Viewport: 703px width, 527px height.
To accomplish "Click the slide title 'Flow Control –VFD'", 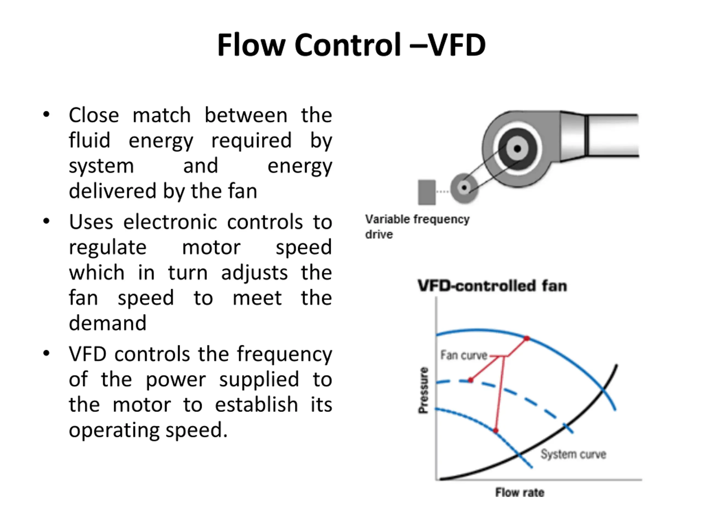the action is pyautogui.click(x=351, y=45).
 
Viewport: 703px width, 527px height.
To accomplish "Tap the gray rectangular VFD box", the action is pyautogui.click(x=426, y=192).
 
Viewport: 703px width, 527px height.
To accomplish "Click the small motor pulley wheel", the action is pyautogui.click(x=464, y=188).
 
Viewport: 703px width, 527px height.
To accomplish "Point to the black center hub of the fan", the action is pyautogui.click(x=517, y=148).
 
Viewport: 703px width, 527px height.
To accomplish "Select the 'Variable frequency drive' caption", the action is pyautogui.click(x=417, y=226).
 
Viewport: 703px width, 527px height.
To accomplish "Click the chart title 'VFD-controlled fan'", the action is pyautogui.click(x=492, y=285).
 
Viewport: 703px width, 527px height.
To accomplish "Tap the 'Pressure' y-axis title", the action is pyautogui.click(x=423, y=390).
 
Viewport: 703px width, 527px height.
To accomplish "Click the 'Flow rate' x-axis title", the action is pyautogui.click(x=520, y=492).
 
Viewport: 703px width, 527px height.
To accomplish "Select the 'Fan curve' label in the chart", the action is pyautogui.click(x=464, y=355).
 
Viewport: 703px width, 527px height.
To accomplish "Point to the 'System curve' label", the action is pyautogui.click(x=573, y=454).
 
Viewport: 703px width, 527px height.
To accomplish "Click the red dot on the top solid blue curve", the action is pyautogui.click(x=527, y=338).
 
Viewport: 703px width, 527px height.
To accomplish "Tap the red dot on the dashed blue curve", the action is pyautogui.click(x=471, y=380).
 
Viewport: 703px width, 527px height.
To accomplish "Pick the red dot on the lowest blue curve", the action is pyautogui.click(x=495, y=431).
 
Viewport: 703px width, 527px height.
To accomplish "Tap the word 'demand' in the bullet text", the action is pyautogui.click(x=107, y=323).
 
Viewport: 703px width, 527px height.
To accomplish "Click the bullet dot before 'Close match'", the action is pyautogui.click(x=46, y=114).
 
